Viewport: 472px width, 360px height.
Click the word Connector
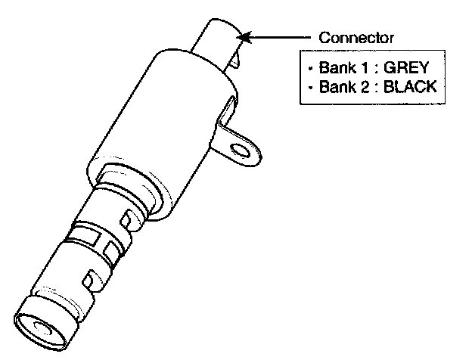[x=356, y=37]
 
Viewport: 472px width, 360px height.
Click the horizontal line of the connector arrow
[x=284, y=35]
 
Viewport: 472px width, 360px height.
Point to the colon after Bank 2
[x=364, y=86]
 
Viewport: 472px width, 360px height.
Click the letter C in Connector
[x=324, y=37]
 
